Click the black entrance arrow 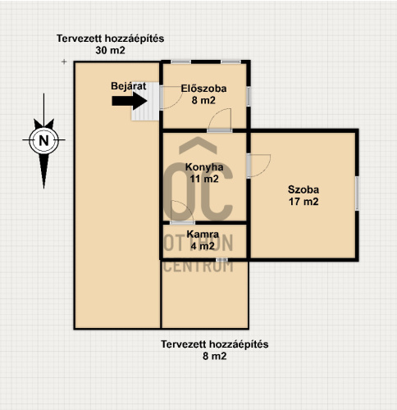tap(130, 101)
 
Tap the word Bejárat tap(129, 86)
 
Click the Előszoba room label tap(203, 89)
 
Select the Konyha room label tap(204, 167)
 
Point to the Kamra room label tap(203, 235)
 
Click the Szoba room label tap(303, 189)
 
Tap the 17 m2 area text tap(303, 202)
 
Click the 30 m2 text tap(110, 50)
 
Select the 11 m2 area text tap(204, 179)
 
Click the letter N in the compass tap(43, 141)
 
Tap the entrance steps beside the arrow tap(145, 101)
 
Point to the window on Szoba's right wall tap(357, 194)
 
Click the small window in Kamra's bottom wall tap(221, 259)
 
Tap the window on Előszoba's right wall tap(249, 96)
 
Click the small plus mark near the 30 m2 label tap(64, 61)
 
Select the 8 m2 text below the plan tap(215, 356)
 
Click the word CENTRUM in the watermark tap(198, 266)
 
